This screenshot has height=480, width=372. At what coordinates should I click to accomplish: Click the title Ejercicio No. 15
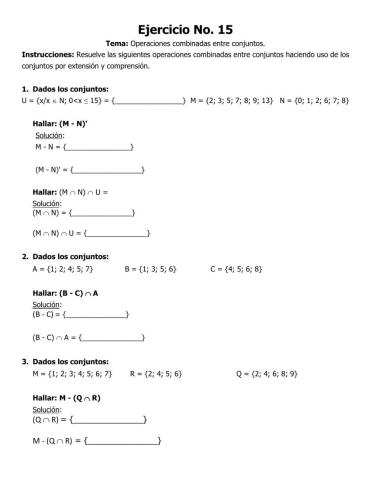tap(185, 30)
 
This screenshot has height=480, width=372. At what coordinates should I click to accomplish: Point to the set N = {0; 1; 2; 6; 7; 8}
tap(314, 101)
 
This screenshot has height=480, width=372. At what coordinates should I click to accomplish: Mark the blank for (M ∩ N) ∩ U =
tap(117, 234)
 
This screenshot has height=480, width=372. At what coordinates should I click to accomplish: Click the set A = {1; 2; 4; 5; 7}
tap(63, 269)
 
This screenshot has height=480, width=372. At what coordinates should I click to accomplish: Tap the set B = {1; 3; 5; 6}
tap(151, 269)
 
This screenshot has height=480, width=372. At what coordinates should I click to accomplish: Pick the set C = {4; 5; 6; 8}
tap(237, 269)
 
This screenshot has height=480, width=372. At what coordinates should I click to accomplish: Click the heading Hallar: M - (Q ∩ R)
tap(75, 397)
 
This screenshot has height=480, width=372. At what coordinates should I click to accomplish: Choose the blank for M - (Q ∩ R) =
tap(123, 441)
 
